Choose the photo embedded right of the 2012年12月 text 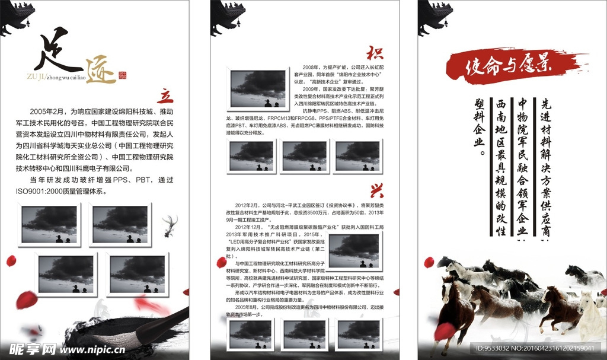(x=353, y=250)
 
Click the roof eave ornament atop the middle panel (x=228, y=15)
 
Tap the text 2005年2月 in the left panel (x=49, y=111)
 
